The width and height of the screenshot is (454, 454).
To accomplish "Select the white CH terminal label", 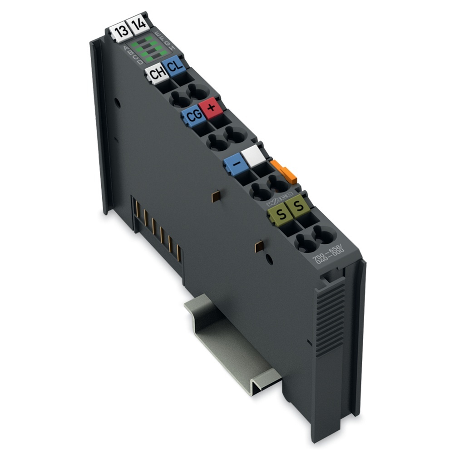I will [x=156, y=74].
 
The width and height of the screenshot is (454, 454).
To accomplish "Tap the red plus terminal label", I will [x=210, y=109].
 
